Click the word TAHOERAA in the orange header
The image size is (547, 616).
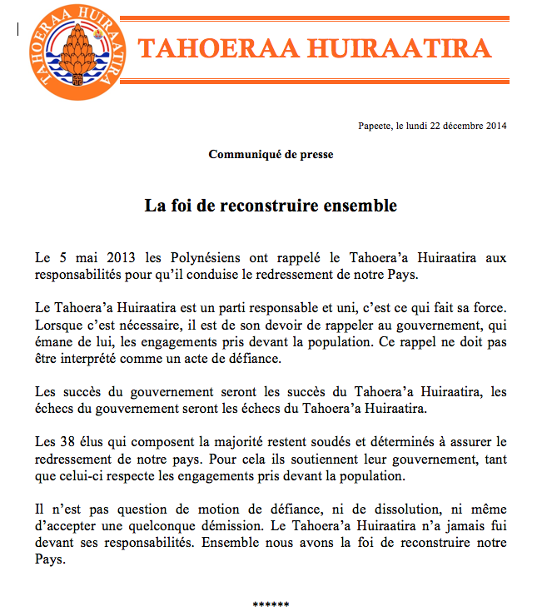tap(214, 49)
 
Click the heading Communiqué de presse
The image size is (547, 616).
tap(271, 155)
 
